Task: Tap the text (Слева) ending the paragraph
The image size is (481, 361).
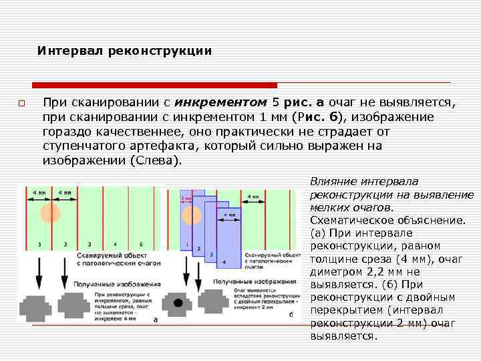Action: click(x=155, y=161)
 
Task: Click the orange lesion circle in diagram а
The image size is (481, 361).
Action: click(x=48, y=213)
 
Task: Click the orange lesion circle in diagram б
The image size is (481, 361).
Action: click(x=192, y=215)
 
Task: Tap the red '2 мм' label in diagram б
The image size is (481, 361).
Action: click(x=187, y=198)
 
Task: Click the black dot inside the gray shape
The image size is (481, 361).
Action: click(x=178, y=303)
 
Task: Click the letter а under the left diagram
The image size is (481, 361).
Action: click(x=156, y=320)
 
